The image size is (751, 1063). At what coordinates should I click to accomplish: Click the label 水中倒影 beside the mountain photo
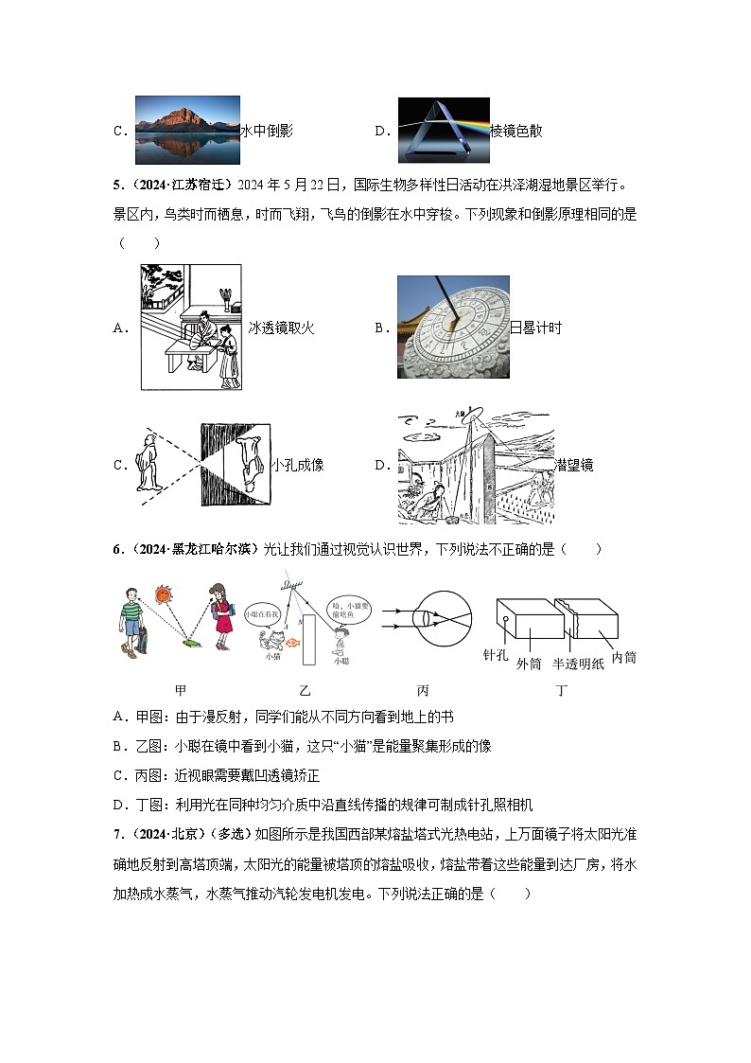pos(267,132)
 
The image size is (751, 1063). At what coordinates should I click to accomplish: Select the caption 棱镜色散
pos(516,132)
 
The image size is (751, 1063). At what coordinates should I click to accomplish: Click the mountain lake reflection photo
pos(187,131)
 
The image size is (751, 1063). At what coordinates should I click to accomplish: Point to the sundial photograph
pos(453,327)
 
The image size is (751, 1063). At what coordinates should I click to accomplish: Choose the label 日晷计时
pos(536,328)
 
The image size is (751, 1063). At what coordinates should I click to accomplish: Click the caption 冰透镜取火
pos(281,328)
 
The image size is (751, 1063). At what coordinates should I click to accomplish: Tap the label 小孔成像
pos(297,465)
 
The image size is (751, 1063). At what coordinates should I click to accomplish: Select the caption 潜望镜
pos(574,465)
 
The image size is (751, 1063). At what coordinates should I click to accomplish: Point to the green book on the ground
pos(190,643)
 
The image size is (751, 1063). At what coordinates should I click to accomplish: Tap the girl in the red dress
pos(219,616)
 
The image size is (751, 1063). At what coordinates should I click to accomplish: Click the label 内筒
pos(624,657)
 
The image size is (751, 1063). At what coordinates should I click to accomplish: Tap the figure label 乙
pos(305,691)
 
